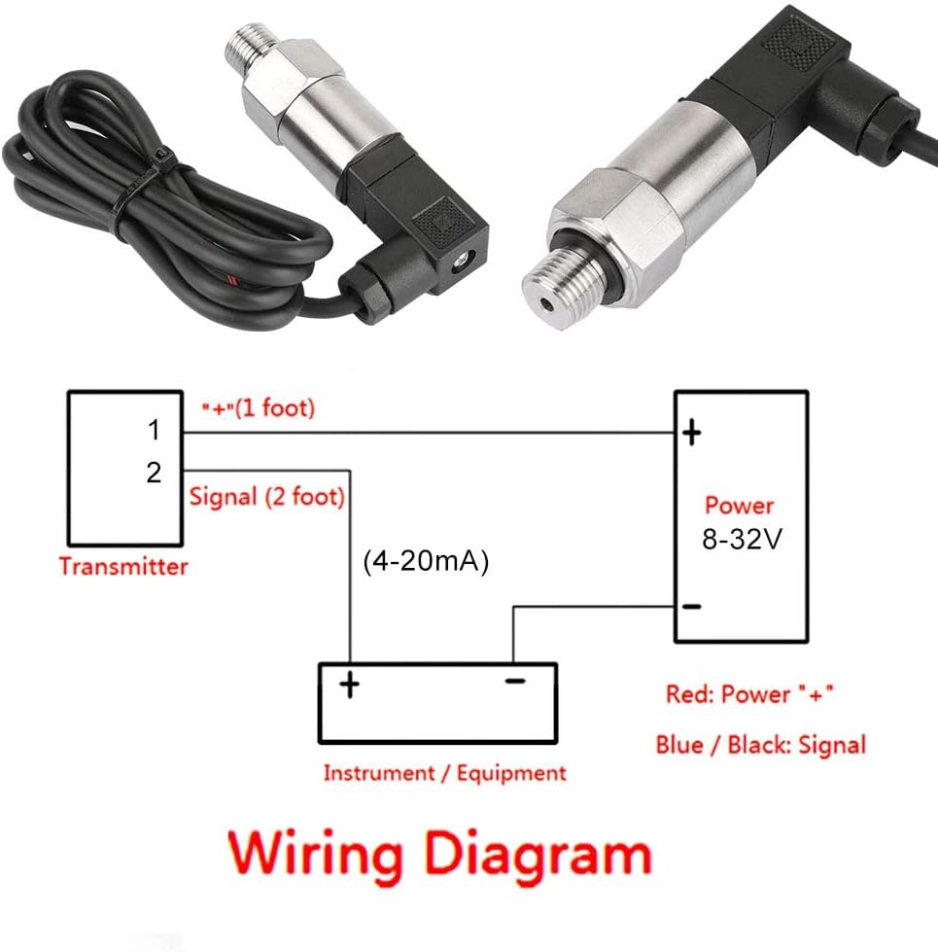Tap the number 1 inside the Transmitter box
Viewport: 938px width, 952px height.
155,430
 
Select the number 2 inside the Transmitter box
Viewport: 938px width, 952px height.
155,472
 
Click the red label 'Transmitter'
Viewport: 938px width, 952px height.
123,567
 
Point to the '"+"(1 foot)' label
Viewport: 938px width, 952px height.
259,408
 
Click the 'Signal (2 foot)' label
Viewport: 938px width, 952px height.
267,497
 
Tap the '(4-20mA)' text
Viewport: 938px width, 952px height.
426,561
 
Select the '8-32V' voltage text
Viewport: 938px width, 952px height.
742,539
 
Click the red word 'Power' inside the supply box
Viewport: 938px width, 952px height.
739,506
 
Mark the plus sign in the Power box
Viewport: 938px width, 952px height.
692,433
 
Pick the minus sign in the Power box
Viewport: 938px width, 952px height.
692,606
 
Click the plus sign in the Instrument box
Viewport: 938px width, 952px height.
350,685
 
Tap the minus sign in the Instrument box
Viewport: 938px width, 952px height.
515,682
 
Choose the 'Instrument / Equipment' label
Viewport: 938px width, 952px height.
445,773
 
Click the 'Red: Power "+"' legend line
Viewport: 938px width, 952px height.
750,694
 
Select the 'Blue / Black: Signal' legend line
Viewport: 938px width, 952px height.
761,745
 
